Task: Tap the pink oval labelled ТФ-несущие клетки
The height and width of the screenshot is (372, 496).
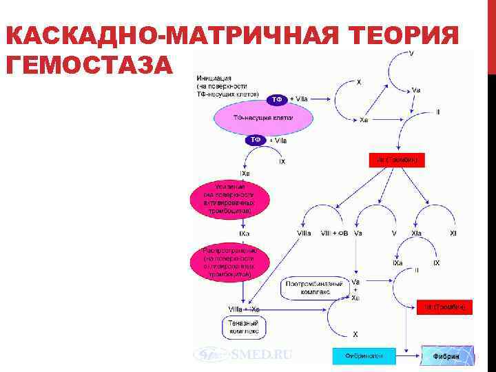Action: click(x=263, y=118)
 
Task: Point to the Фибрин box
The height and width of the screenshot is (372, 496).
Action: click(x=446, y=355)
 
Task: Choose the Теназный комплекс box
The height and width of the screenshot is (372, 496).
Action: click(x=245, y=327)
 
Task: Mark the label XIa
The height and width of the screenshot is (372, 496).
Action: click(x=417, y=234)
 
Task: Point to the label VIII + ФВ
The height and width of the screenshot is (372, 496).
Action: click(x=335, y=234)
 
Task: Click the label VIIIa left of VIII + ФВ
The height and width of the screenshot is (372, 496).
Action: click(x=304, y=234)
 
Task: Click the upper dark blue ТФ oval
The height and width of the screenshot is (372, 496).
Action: click(x=277, y=99)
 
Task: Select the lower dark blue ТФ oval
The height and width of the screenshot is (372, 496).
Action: click(x=256, y=140)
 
